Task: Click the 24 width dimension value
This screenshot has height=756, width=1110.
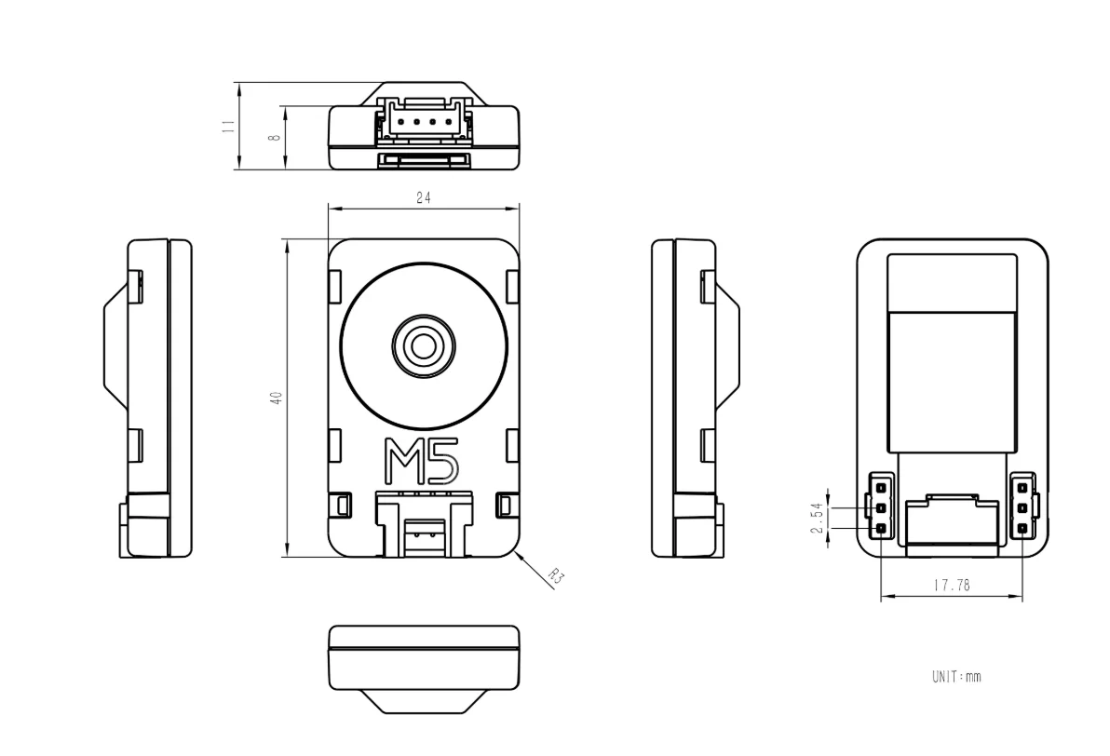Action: [x=424, y=198]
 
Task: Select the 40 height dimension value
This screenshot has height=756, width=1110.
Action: [x=277, y=398]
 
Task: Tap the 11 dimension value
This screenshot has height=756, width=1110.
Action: [x=228, y=126]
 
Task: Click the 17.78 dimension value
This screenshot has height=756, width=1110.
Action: [x=952, y=586]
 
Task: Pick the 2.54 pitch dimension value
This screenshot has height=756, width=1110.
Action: [x=818, y=519]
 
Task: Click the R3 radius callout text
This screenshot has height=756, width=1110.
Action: [x=557, y=576]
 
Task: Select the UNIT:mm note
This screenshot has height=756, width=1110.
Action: [x=956, y=677]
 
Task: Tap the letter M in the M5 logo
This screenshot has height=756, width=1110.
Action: [x=400, y=461]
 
